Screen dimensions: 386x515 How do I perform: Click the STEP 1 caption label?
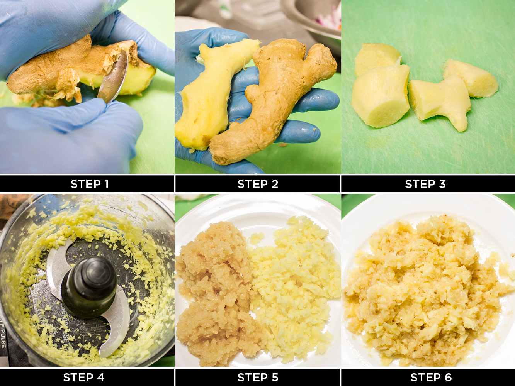click(90, 184)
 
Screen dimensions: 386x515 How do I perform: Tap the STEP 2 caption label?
click(258, 184)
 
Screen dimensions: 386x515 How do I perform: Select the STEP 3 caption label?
click(425, 184)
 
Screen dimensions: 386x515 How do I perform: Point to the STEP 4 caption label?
click(83, 377)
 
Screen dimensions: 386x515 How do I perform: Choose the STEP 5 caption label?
click(258, 377)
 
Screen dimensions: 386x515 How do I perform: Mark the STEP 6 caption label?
click(431, 377)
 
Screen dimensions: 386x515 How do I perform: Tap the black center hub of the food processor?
click(89, 286)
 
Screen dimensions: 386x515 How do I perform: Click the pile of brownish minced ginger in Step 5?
click(214, 293)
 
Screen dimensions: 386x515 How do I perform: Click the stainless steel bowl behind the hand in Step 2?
click(313, 19)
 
